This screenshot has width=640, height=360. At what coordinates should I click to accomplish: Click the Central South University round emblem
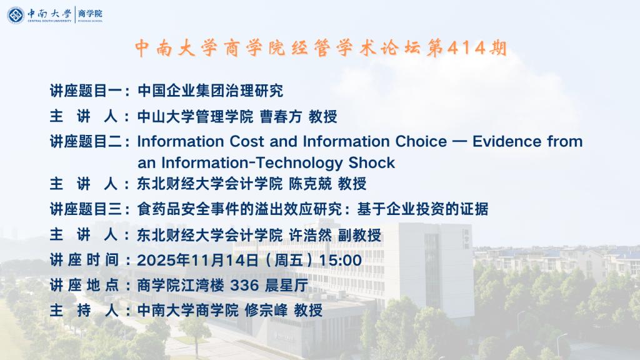[16, 15]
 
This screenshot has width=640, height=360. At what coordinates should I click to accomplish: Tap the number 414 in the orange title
[466, 48]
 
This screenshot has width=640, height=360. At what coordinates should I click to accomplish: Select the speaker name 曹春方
[281, 117]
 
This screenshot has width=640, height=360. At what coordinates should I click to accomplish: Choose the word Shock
[371, 163]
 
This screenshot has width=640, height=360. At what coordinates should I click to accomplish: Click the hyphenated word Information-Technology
[252, 163]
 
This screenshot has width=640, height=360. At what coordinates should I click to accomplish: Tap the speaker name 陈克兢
[310, 184]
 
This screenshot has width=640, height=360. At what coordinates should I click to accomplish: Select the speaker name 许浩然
[310, 235]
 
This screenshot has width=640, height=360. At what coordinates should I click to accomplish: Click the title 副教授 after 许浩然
[359, 235]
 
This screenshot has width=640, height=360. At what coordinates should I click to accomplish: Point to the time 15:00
[340, 261]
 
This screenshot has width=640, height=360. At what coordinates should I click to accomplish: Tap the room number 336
[244, 285]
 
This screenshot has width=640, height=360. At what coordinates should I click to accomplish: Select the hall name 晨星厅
[286, 285]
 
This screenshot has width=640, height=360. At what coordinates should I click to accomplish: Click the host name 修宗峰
[266, 311]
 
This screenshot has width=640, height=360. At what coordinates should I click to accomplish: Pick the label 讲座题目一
[86, 91]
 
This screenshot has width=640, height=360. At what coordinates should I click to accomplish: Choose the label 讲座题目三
[86, 209]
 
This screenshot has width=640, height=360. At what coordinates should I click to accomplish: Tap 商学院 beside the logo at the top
[90, 14]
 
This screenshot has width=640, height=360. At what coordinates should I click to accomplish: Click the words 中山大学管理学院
[195, 117]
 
